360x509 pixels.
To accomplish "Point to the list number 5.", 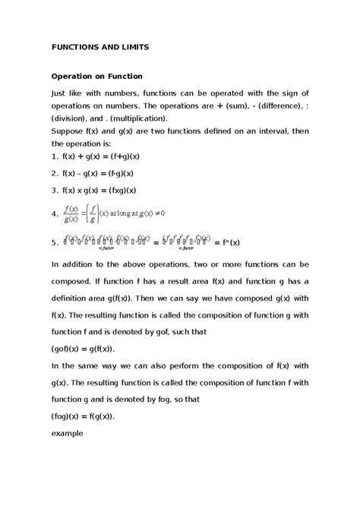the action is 53,243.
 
